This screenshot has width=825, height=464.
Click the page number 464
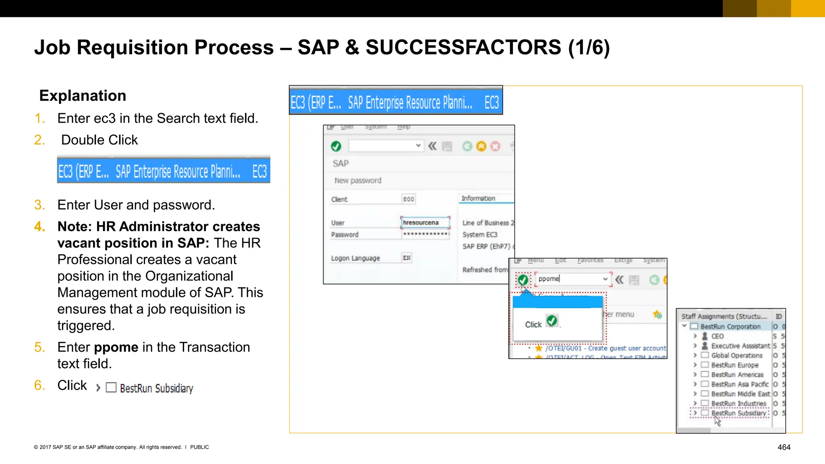pos(784,447)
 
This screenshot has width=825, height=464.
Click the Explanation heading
pos(83,96)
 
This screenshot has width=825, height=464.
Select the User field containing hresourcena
pos(425,223)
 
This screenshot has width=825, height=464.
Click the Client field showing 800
pos(408,199)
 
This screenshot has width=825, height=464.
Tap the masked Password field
pos(425,234)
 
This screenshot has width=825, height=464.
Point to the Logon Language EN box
pos(406,258)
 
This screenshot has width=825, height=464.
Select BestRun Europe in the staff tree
pos(734,365)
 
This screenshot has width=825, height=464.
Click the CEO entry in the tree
pos(717,336)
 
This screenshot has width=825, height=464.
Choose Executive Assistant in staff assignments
pos(740,346)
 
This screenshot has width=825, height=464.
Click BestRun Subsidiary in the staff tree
pos(738,413)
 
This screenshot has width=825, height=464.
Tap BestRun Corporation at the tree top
pos(730,327)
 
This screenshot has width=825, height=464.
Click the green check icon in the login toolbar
pos(336,146)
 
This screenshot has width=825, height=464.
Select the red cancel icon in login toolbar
pos(495,146)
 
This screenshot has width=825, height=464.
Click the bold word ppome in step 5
pos(116,347)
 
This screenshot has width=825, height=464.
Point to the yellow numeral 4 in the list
pos(39,227)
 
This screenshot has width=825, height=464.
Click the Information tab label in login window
pos(478,199)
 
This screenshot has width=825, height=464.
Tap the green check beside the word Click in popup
pos(552,321)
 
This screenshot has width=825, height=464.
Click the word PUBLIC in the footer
pos(199,447)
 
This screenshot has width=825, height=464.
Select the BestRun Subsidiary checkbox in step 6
pos(111,387)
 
